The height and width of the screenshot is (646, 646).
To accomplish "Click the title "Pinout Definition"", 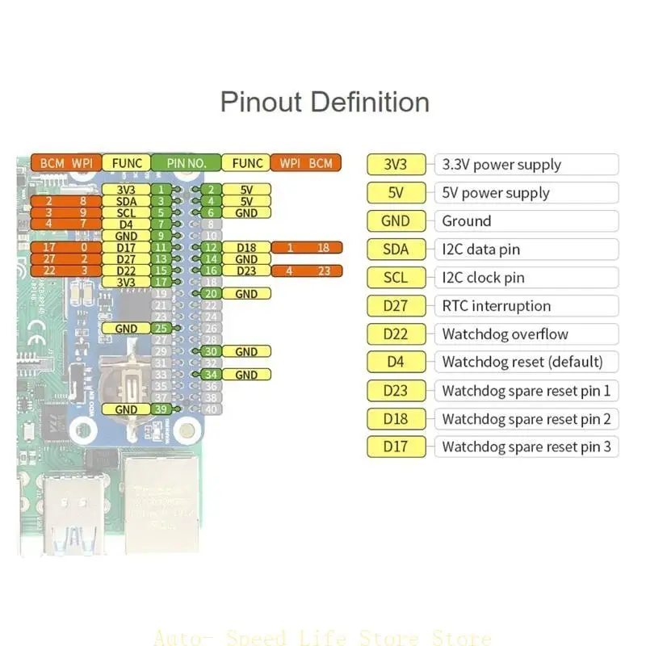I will coord(325,103).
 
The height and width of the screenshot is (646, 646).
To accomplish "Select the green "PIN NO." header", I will coord(187,163).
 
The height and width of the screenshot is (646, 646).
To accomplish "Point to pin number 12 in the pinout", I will coord(211,247).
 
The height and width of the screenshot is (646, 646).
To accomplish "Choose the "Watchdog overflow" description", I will coord(505,334).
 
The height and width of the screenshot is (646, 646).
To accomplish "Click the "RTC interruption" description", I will coord(496,306).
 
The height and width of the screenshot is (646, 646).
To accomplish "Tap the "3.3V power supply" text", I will coord(501,165).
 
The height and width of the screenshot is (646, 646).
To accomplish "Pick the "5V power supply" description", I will coord(495,193).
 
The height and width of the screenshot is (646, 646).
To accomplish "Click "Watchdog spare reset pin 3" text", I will coord(526,447).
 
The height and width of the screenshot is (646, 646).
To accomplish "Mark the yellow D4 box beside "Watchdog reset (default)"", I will coord(395,362).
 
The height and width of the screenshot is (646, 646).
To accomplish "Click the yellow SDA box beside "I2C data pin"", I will coord(395,250).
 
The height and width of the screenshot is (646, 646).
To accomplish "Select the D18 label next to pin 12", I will coord(246,247).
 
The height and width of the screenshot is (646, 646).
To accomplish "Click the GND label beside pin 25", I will coord(126,329).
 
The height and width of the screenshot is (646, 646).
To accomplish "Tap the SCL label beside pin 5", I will coord(126,212).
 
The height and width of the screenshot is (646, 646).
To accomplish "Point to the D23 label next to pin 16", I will coord(246,271).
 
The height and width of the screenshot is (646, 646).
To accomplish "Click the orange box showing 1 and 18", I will coord(306,247).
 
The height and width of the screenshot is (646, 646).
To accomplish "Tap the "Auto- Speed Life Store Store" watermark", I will coord(322,638).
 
